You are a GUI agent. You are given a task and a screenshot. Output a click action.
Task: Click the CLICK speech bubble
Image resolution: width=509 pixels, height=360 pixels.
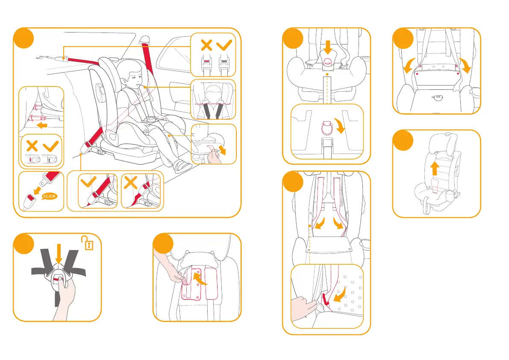click(x=49, y=196)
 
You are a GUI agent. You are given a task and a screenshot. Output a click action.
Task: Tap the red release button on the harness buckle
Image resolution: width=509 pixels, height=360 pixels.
click(x=61, y=278)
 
